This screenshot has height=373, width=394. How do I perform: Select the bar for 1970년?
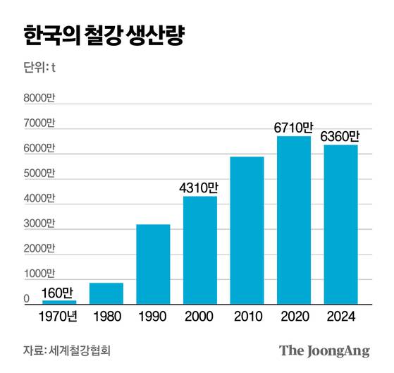[x=59, y=302]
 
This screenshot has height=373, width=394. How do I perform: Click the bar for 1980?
[x=106, y=293]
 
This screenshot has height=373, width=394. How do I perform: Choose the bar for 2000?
[x=200, y=250]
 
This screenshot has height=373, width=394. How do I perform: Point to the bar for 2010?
[x=247, y=231]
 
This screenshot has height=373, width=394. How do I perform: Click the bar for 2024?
[x=340, y=224]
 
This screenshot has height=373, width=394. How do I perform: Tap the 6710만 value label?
[x=293, y=128]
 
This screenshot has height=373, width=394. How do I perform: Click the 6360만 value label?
[x=340, y=136]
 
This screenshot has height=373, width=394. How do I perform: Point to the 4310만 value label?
[x=199, y=188]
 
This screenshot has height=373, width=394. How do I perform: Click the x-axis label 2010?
[x=247, y=317]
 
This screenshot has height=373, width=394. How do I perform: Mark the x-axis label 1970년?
[x=59, y=317]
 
